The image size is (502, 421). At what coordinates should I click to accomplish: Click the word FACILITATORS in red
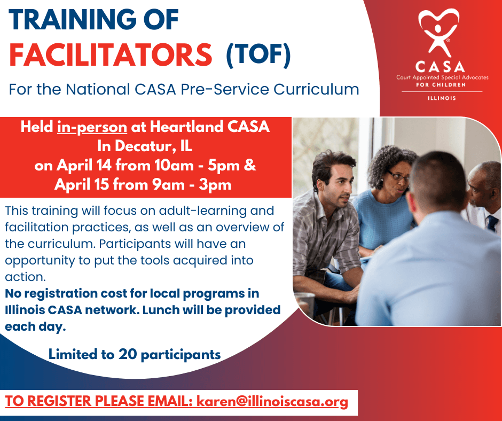tap(111, 54)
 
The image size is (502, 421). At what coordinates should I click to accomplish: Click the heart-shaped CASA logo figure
tap(438, 32)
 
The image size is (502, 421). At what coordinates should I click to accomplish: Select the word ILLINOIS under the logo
tap(442, 98)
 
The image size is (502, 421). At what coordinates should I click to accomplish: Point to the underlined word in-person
tap(92, 127)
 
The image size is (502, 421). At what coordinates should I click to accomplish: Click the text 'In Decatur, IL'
tap(145, 146)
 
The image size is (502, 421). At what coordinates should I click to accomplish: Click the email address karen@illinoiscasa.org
tap(272, 401)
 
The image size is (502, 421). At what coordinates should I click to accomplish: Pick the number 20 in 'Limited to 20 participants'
tap(128, 354)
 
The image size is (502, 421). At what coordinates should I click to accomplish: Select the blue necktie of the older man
tap(492, 223)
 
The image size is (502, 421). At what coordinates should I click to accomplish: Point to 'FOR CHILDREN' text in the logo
tap(441, 85)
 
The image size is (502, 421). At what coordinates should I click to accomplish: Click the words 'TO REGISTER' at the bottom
tap(49, 401)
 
